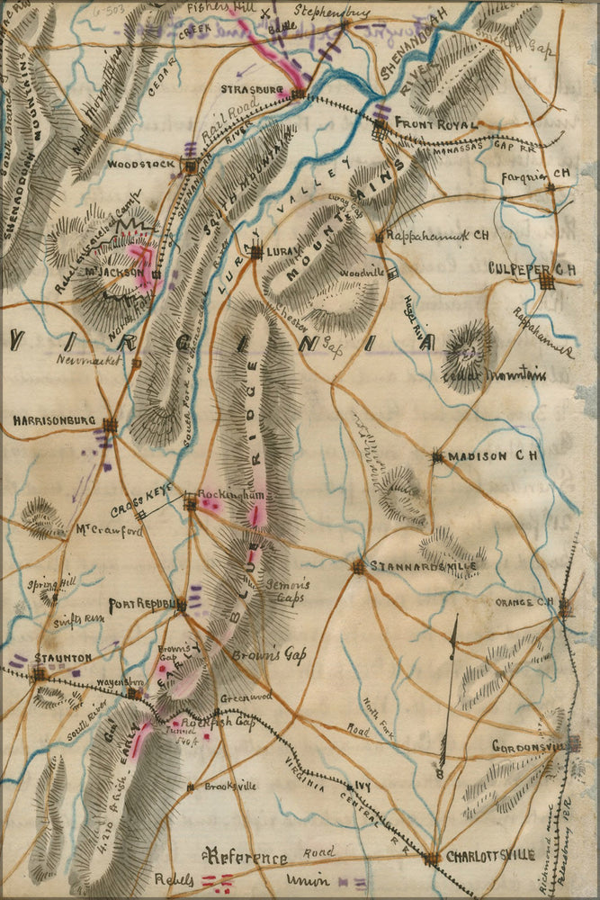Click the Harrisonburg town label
pyautogui.click(x=53, y=420)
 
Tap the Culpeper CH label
pyautogui.click(x=532, y=268)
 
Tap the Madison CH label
pyautogui.click(x=492, y=456)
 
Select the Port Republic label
pyautogui.click(x=140, y=605)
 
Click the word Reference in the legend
pyautogui.click(x=246, y=858)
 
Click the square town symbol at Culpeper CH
pyautogui.click(x=547, y=282)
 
